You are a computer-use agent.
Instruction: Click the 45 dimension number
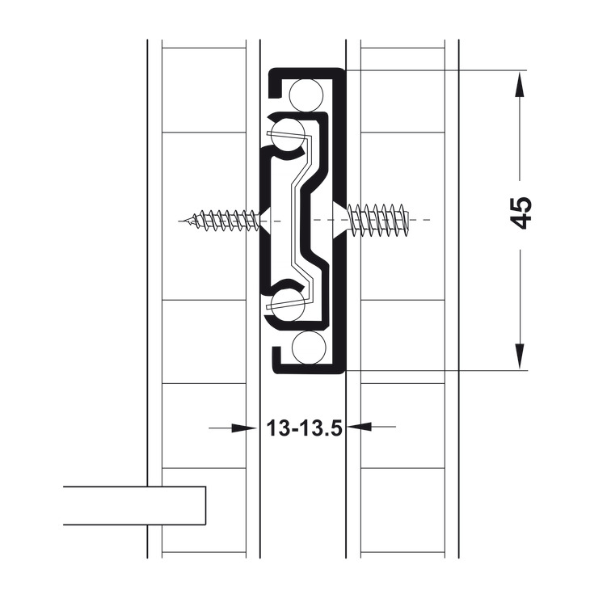(x=522, y=213)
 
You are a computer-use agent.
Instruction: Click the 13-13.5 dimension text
(x=304, y=428)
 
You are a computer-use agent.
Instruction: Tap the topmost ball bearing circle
(x=307, y=95)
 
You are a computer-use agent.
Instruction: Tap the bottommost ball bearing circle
(x=308, y=348)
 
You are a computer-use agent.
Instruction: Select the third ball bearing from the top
(x=287, y=304)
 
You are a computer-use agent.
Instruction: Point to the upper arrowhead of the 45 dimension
(x=520, y=84)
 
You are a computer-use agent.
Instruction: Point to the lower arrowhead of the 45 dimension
(x=520, y=356)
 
